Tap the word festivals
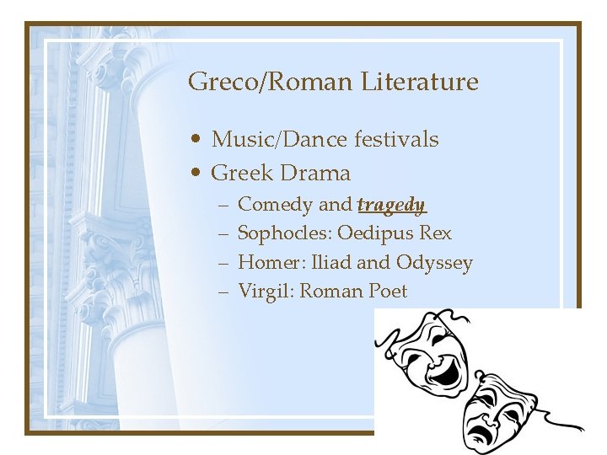pyautogui.click(x=395, y=138)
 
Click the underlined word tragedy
pyautogui.click(x=391, y=205)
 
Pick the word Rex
pyautogui.click(x=436, y=233)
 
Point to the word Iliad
pyautogui.click(x=331, y=263)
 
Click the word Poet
pyautogui.click(x=388, y=292)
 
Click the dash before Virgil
pyautogui.click(x=224, y=292)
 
